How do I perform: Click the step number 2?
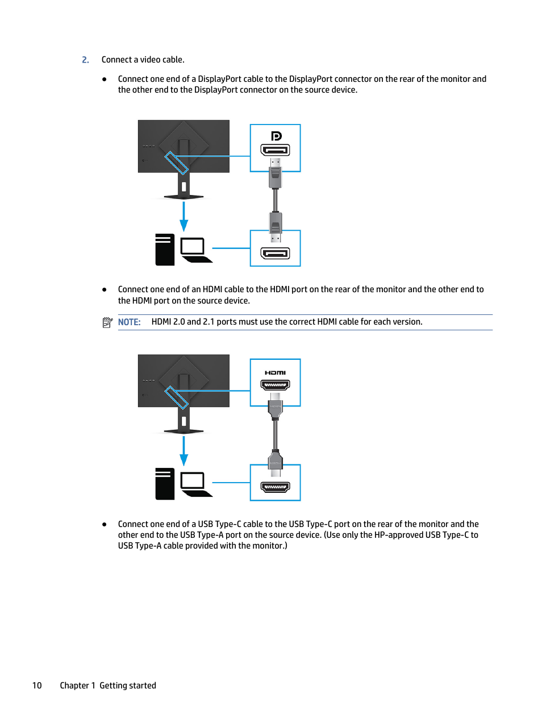85,60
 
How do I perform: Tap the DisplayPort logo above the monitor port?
276,136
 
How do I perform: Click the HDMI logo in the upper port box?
275,373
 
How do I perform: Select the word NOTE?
129,322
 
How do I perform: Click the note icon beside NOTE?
107,322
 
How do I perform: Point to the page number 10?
37,686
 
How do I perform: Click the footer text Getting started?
128,686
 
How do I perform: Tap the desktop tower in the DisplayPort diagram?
165,250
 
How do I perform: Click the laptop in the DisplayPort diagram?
195,250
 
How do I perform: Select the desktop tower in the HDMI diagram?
165,484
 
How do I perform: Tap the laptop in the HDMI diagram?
195,484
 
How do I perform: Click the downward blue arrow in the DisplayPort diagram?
184,216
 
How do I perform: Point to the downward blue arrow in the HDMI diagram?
184,451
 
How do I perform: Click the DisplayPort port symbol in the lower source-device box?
275,253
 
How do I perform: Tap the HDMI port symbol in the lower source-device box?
275,487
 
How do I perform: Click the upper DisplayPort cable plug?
276,173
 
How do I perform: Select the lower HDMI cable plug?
275,462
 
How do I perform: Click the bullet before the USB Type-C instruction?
105,524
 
